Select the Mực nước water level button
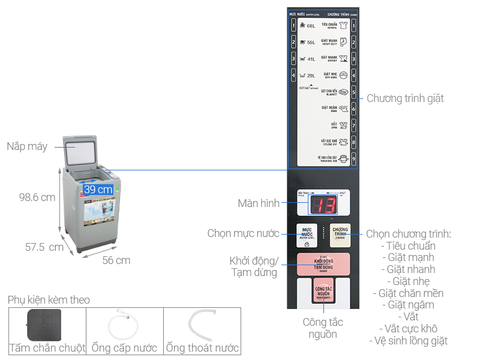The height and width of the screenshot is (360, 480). pyautogui.click(x=307, y=235)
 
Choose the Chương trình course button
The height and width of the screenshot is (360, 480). pyautogui.click(x=340, y=235)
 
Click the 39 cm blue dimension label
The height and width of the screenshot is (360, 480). pyautogui.click(x=98, y=189)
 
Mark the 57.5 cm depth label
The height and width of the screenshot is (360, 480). pyautogui.click(x=44, y=247)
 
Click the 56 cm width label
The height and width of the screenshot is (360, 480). pyautogui.click(x=116, y=260)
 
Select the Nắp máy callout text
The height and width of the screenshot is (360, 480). pyautogui.click(x=27, y=146)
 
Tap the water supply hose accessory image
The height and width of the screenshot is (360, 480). pyautogui.click(x=124, y=326)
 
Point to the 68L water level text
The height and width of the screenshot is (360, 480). pyautogui.click(x=311, y=26)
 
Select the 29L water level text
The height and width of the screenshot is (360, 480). pyautogui.click(x=311, y=76)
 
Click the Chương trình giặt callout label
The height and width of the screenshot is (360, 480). pyautogui.click(x=405, y=98)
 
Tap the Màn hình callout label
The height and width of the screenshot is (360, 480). pyautogui.click(x=259, y=203)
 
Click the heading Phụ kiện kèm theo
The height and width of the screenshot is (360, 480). pyautogui.click(x=49, y=300)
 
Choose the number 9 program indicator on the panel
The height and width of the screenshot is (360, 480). pyautogui.click(x=354, y=160)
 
